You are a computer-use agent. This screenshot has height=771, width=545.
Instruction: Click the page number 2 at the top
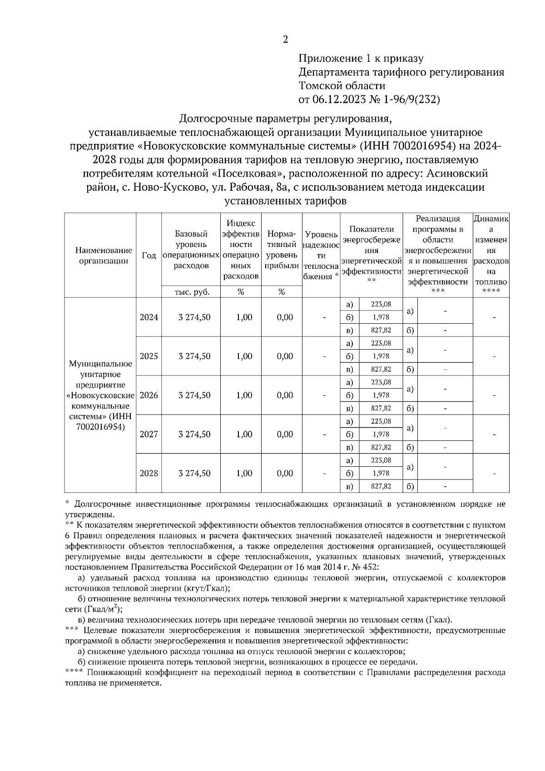point(285,40)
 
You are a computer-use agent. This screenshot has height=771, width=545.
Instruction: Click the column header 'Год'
point(149,255)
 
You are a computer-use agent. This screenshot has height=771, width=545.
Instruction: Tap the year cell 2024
point(149,317)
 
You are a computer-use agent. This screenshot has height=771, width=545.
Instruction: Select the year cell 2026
point(149,395)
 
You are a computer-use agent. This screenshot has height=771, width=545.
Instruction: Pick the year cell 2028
point(149,473)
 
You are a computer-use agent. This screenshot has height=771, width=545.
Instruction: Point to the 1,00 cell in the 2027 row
point(244,434)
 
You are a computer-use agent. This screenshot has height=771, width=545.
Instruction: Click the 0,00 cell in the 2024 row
point(284,317)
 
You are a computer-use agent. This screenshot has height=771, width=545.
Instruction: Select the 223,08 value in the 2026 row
point(381,382)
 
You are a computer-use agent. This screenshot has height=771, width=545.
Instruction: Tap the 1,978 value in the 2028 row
point(381,473)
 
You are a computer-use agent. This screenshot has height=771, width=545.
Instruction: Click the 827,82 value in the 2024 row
point(381,330)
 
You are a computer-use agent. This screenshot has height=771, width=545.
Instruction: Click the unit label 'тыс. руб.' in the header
point(191,292)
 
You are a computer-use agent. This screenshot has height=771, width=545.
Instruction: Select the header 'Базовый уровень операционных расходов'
point(191,250)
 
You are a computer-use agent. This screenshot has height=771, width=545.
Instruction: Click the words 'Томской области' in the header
point(342,85)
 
